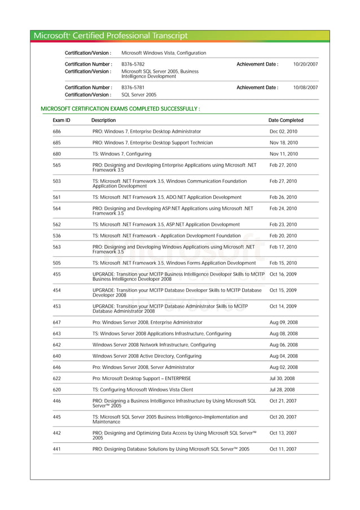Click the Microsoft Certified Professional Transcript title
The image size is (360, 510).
(111, 36)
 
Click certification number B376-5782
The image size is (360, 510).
(133, 64)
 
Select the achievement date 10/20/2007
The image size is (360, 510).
(305, 64)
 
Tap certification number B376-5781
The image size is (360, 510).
(133, 88)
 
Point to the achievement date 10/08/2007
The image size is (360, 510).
(305, 88)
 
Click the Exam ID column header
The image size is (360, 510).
(62, 120)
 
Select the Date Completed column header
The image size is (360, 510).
(286, 120)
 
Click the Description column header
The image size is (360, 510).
(103, 120)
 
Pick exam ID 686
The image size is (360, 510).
(57, 131)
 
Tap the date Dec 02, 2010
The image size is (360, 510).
(284, 131)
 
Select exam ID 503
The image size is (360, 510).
(57, 181)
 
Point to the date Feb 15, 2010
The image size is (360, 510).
(283, 263)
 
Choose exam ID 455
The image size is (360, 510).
(57, 274)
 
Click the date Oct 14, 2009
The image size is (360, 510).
(283, 306)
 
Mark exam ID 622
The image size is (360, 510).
(57, 378)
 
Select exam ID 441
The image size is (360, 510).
(57, 449)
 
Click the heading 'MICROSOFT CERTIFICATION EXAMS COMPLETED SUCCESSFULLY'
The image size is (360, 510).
(121, 108)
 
